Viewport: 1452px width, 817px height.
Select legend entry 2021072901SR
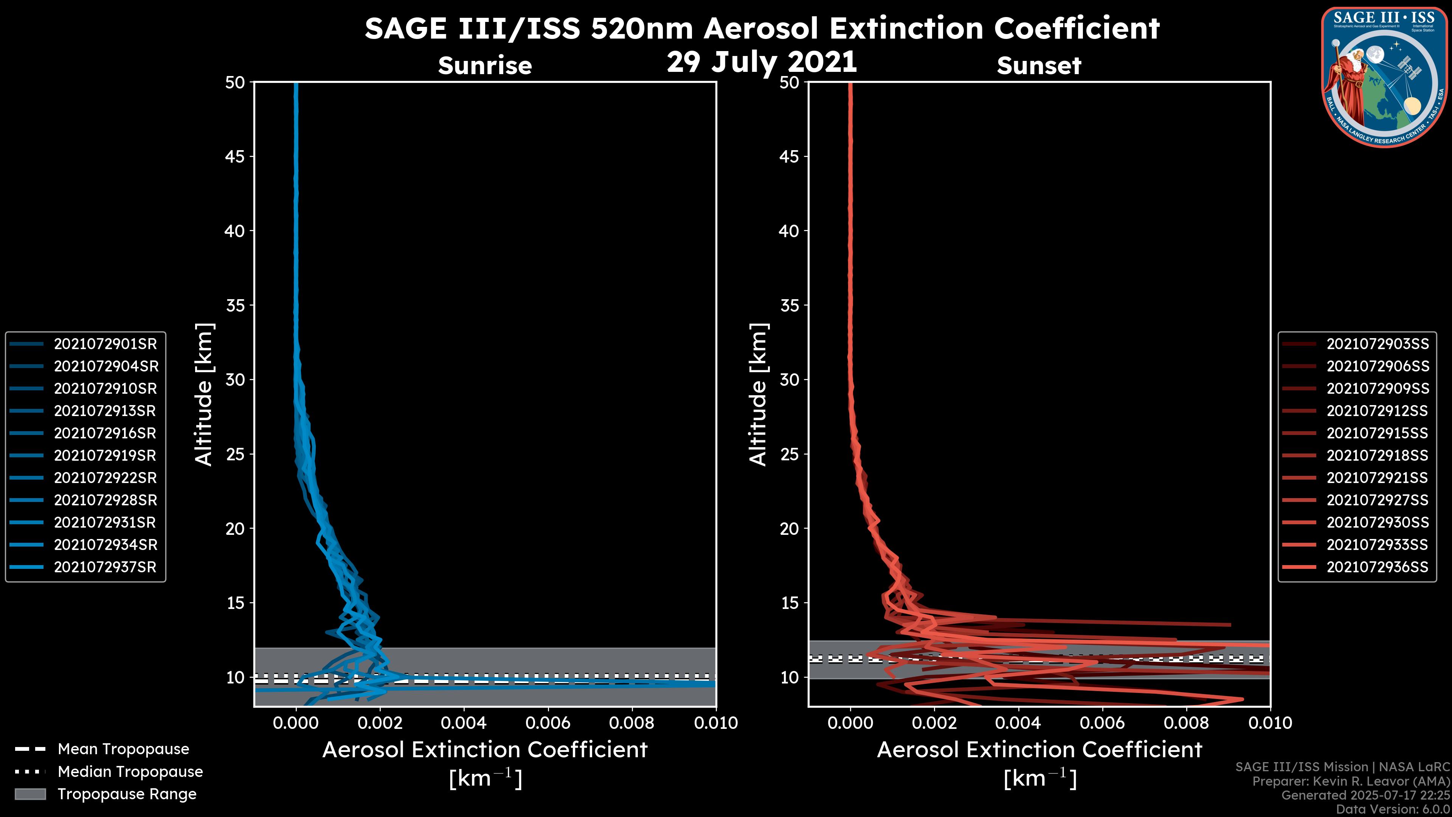pos(105,344)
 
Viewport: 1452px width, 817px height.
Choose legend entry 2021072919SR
pos(105,455)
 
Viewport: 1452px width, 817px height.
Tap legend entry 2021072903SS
pos(1377,344)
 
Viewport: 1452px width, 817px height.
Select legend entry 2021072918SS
pos(1377,455)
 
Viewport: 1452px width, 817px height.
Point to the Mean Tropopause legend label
pos(123,749)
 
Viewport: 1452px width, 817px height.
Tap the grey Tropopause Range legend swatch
pos(30,794)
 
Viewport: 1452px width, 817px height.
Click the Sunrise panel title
pos(485,66)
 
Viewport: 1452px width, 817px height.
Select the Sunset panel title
pos(1039,66)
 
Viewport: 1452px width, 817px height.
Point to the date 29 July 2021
pos(762,62)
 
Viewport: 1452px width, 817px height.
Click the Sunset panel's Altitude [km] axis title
pos(759,395)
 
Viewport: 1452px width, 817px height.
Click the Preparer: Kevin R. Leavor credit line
pos(1351,781)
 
